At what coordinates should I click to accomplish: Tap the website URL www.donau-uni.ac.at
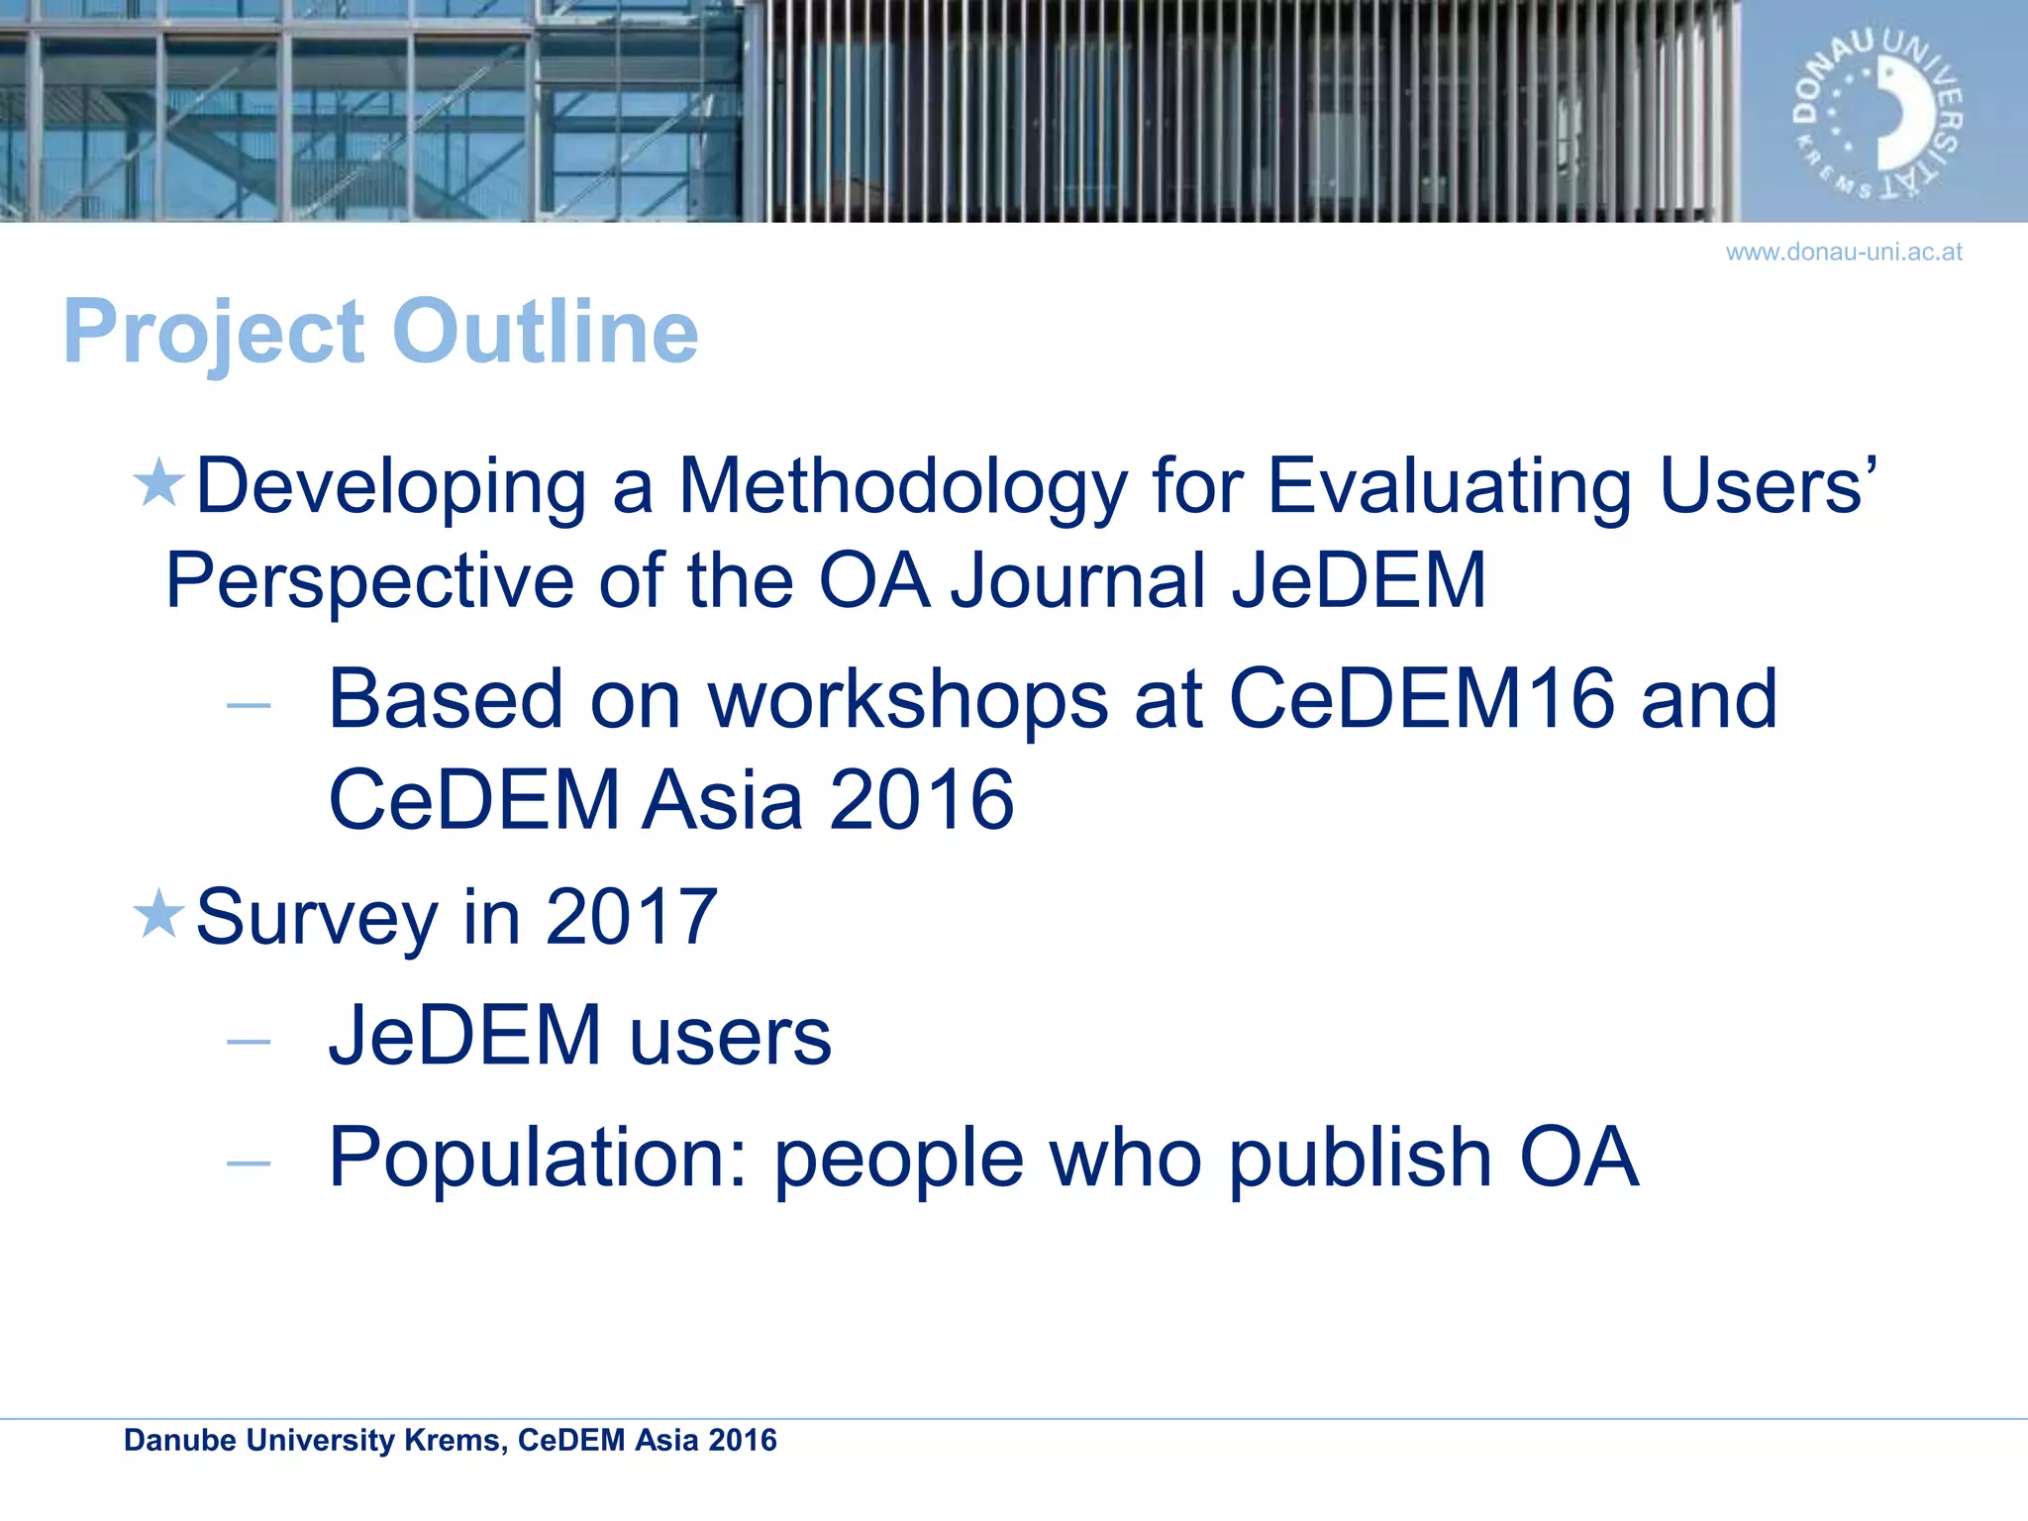pos(1843,253)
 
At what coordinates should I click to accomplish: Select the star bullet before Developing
pos(158,483)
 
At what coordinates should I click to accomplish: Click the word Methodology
pos(902,487)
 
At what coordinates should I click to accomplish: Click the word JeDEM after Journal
pos(1359,580)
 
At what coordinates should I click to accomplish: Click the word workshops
pos(908,699)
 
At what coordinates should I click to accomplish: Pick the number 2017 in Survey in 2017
pos(631,917)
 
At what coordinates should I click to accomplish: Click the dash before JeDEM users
pos(248,1042)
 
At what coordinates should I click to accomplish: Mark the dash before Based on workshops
pos(248,706)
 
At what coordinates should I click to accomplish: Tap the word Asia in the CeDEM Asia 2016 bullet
pos(722,800)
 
